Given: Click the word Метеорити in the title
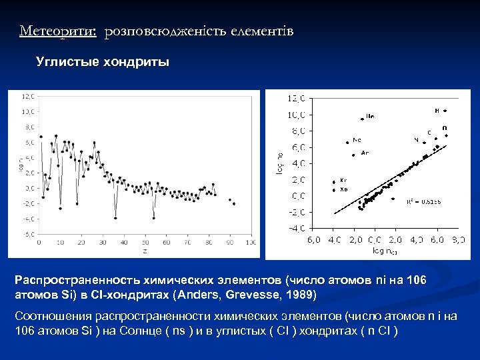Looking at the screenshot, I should tap(58, 31).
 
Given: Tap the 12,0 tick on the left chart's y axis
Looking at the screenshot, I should tap(29, 96).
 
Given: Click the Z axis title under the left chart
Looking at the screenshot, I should tap(144, 251).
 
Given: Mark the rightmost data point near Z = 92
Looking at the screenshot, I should tap(234, 204).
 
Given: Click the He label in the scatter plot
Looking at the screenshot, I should tap(370, 116).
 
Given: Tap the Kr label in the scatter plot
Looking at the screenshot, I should tap(343, 180).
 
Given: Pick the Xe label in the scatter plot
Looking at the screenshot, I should tap(343, 189).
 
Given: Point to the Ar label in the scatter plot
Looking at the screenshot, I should tap(364, 153).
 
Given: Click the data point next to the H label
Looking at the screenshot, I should tap(445, 111).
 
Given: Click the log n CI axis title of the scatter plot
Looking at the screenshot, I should tap(384, 252).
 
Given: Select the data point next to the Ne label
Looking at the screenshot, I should tap(347, 142).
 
